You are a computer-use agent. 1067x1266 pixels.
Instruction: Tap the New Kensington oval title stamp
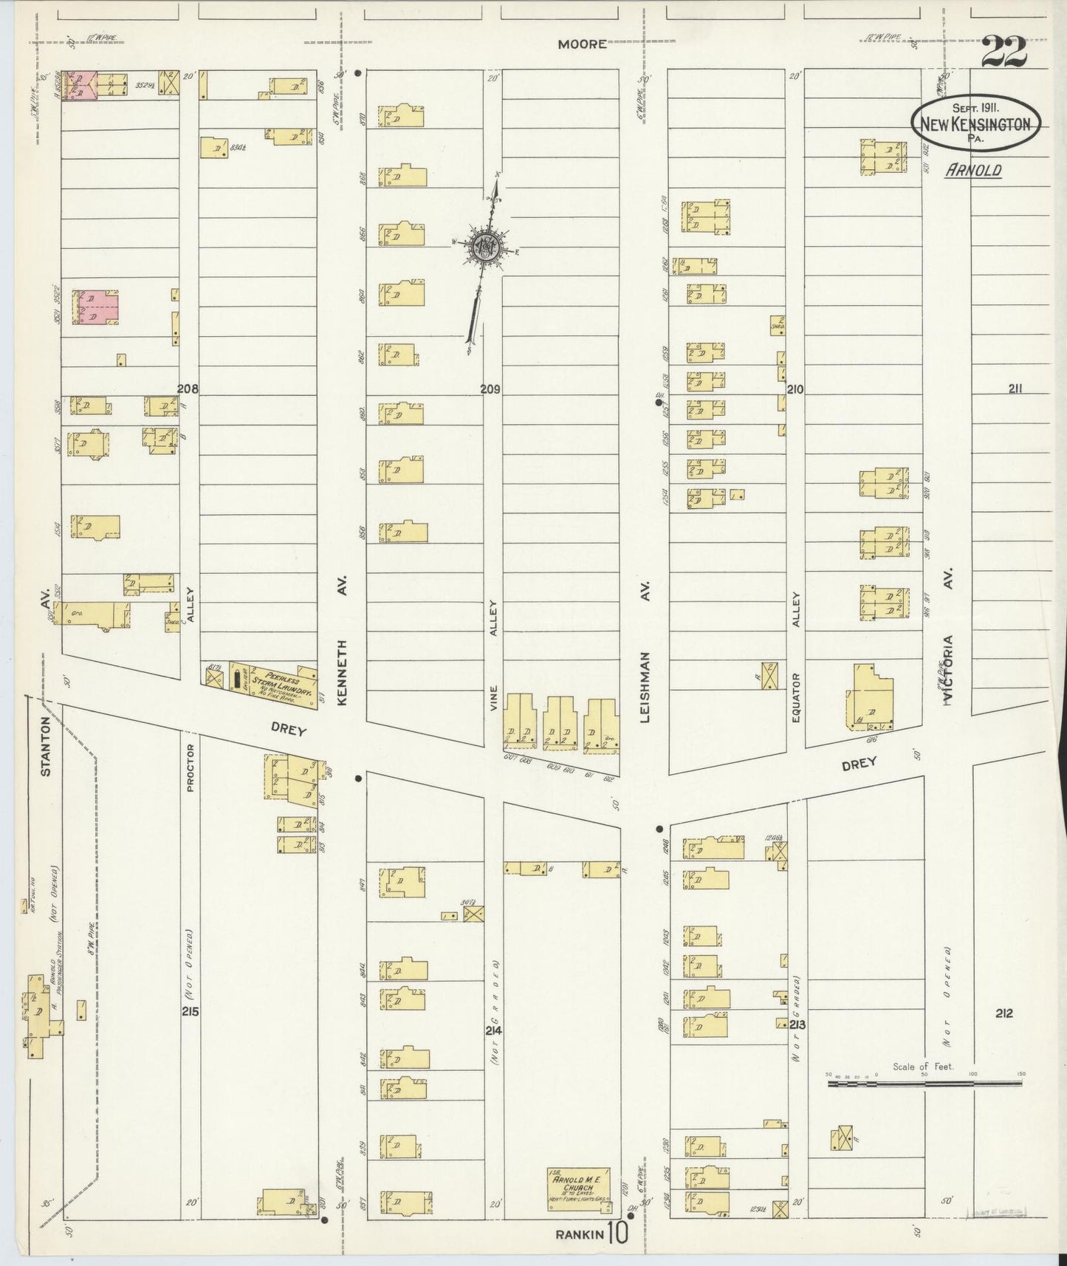tap(975, 123)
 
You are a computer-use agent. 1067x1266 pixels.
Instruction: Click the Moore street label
tap(582, 44)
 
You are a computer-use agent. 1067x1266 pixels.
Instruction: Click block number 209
tap(491, 389)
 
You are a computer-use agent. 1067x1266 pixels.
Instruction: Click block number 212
tap(1003, 1013)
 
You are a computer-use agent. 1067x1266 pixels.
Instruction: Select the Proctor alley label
tap(190, 773)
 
